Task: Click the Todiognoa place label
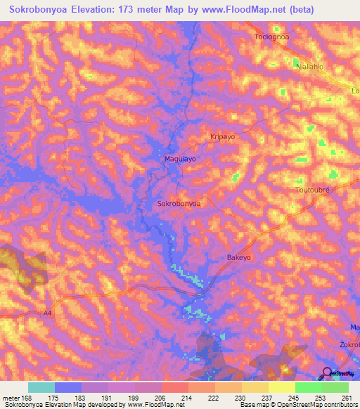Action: click(x=272, y=37)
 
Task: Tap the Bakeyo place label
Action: click(x=239, y=258)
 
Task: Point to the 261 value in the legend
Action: click(x=345, y=398)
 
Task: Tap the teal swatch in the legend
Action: click(x=41, y=387)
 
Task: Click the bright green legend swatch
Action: click(x=309, y=387)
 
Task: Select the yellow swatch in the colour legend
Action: click(x=281, y=387)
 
